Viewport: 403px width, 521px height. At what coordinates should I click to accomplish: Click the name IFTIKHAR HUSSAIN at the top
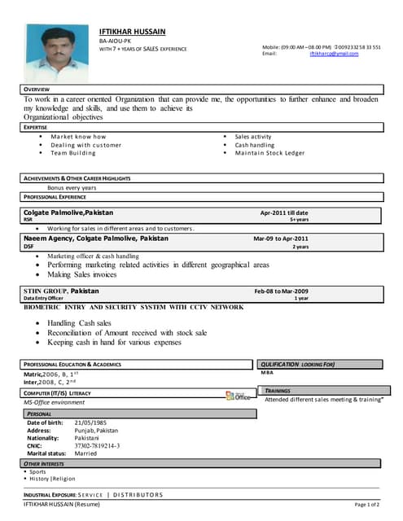coord(132,32)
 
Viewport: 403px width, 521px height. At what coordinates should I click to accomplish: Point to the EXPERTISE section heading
coord(37,128)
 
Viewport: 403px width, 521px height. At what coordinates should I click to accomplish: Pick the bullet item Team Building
coord(73,152)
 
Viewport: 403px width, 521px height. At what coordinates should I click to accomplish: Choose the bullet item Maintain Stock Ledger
coord(269,152)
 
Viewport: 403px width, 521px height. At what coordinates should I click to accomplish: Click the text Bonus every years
coord(72,187)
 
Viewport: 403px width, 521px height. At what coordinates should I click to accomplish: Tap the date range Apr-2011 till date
coord(284,212)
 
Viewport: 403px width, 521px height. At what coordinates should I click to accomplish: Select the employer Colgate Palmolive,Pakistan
coord(68,212)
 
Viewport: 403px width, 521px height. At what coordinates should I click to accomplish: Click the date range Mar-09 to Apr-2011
coord(281,239)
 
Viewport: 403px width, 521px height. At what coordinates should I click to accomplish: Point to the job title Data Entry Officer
coord(43,299)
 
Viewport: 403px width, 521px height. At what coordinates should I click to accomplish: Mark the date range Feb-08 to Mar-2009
coord(282,291)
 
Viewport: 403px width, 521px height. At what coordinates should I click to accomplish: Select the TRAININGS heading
coord(278,391)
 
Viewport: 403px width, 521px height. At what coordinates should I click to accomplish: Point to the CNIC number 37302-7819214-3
coord(97,446)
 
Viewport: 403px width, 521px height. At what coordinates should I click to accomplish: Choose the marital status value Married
coord(85,453)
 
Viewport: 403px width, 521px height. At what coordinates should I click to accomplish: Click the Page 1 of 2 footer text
coord(366,506)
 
